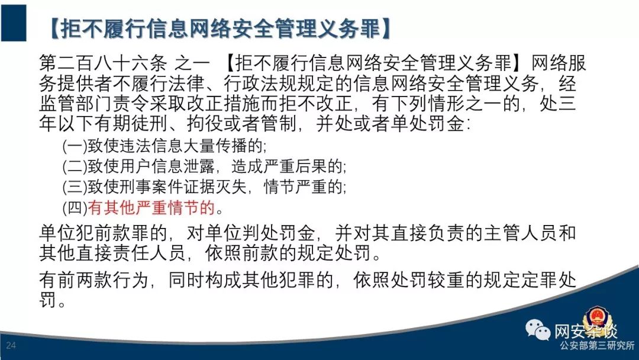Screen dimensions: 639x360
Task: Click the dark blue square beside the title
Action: pos(14,23)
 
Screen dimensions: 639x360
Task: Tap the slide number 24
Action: pos(11,345)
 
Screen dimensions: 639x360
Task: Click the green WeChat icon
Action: pos(538,329)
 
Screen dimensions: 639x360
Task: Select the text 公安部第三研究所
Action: pos(598,345)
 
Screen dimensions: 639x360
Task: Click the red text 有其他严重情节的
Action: pos(151,207)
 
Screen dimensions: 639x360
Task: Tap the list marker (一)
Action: pos(75,146)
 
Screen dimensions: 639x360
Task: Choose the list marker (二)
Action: pos(75,166)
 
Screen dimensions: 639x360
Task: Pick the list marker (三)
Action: pos(75,187)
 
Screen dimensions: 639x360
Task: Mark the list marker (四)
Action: pos(75,207)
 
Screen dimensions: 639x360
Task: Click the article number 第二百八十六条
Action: pos(103,63)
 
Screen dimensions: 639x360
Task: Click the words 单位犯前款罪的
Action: pos(103,233)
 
